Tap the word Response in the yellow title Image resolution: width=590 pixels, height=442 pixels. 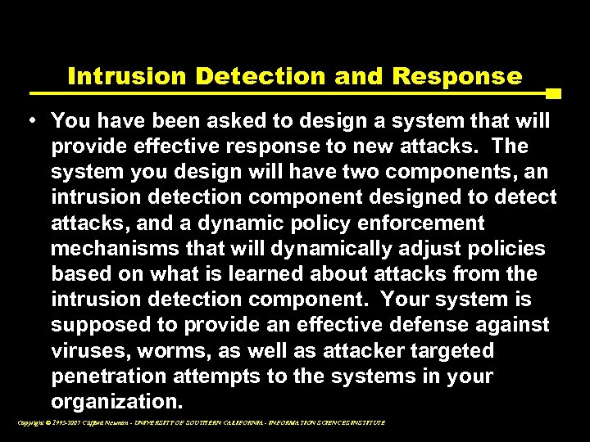click(x=457, y=77)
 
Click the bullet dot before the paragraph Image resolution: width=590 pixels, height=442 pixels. click(x=31, y=121)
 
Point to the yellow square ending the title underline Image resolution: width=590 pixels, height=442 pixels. click(x=553, y=93)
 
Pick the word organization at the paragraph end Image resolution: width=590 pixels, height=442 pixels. click(x=112, y=402)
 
